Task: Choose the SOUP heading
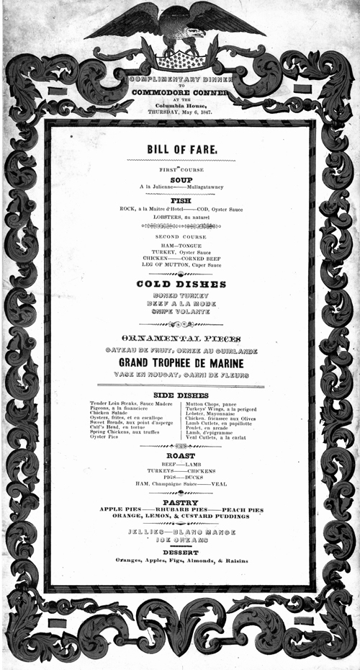(x=181, y=179)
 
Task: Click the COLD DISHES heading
(x=181, y=285)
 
